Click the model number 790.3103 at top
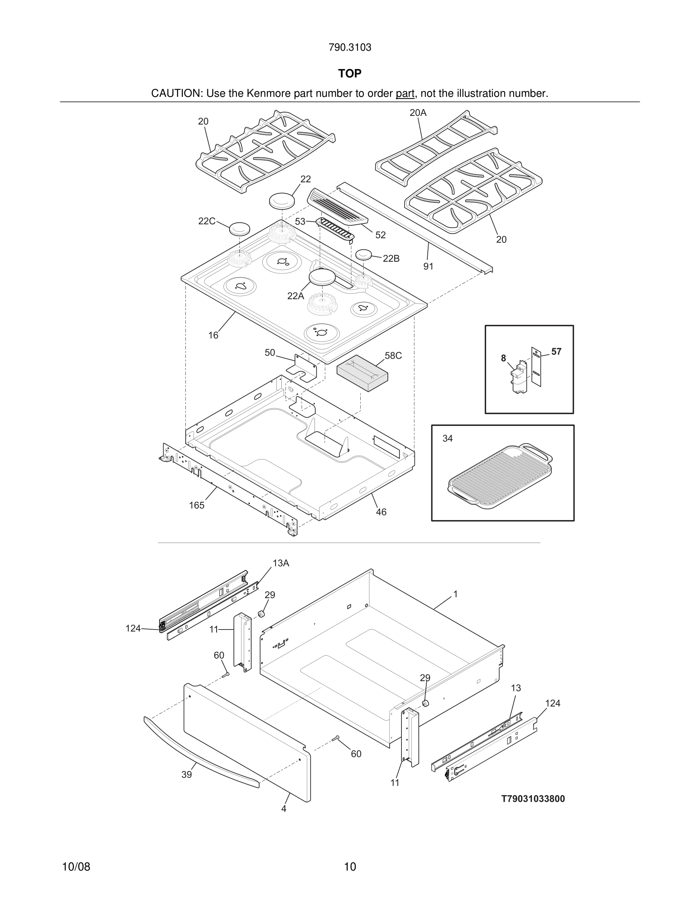[350, 47]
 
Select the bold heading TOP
[350, 74]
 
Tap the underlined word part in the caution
[405, 93]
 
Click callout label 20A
[417, 112]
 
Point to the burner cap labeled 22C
[240, 228]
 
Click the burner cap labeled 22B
[364, 254]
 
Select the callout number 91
[428, 266]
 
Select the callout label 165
[197, 505]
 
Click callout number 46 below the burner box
[381, 512]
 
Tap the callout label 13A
[281, 563]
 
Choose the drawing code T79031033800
[533, 798]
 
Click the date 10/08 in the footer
[76, 866]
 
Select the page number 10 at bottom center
[350, 866]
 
